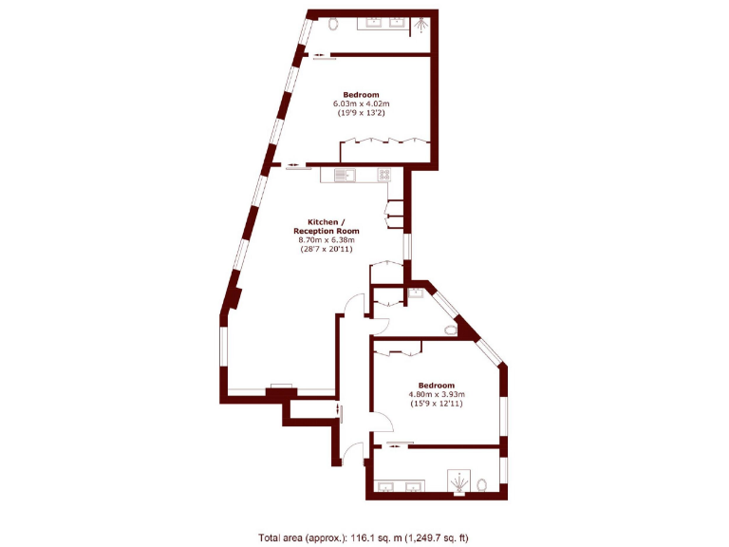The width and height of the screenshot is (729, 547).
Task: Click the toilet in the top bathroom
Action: point(333,26)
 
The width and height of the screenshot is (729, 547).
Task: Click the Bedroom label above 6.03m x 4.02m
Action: point(361,94)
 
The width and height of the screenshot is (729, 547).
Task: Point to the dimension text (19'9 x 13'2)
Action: point(361,113)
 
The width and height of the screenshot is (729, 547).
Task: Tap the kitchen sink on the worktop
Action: point(344,174)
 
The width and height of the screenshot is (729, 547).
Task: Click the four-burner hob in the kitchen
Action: point(384,174)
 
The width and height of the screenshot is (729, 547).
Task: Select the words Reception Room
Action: point(326,231)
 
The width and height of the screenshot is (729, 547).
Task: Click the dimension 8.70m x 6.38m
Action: point(326,240)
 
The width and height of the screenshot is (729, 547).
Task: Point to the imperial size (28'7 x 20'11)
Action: point(326,250)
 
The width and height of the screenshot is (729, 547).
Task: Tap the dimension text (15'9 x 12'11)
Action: point(437,404)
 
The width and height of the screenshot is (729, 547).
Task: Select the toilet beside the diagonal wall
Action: point(452,330)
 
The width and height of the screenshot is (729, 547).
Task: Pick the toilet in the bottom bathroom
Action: point(483,484)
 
